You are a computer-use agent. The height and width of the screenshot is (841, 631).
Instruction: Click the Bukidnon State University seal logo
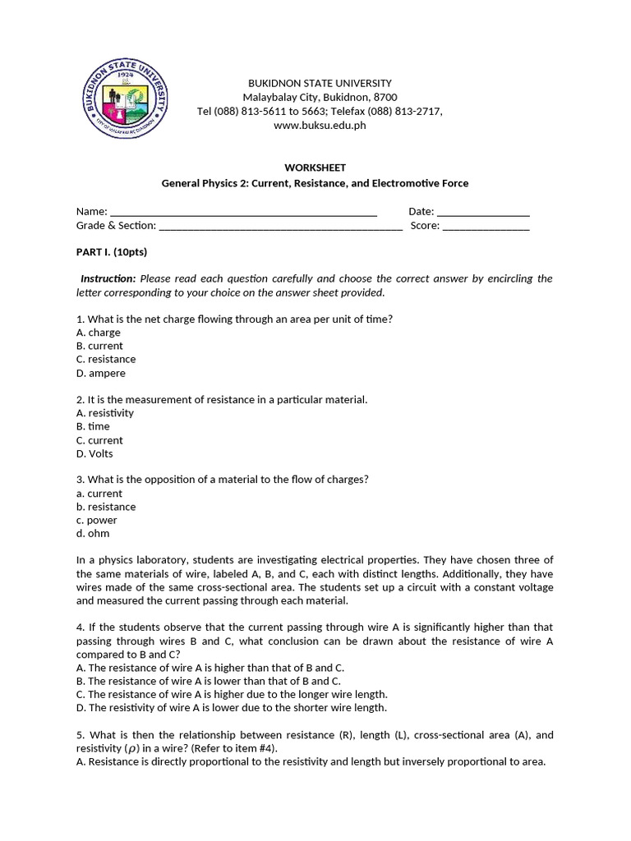tap(127, 102)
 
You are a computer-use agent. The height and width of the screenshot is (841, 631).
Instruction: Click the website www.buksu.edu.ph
tap(320, 126)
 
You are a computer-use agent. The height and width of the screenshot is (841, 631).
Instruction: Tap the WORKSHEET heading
tap(315, 168)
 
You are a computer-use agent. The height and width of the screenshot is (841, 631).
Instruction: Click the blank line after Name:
tap(243, 212)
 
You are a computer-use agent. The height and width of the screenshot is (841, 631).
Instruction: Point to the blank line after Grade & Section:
tap(280, 226)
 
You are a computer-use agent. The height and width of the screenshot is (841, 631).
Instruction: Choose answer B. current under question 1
tap(99, 346)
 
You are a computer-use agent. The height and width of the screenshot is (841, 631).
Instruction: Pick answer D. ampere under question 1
tap(101, 373)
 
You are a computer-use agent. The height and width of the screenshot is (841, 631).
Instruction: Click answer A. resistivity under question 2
tap(104, 413)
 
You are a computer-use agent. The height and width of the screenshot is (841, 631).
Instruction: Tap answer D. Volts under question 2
tap(94, 453)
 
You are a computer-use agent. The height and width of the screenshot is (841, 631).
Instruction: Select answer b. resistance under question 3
tap(106, 507)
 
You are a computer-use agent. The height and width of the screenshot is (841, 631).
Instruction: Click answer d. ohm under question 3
tap(93, 534)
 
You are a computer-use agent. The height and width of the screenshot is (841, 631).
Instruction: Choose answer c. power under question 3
tap(97, 520)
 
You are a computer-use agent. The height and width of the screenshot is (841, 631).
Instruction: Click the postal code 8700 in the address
tap(385, 97)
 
